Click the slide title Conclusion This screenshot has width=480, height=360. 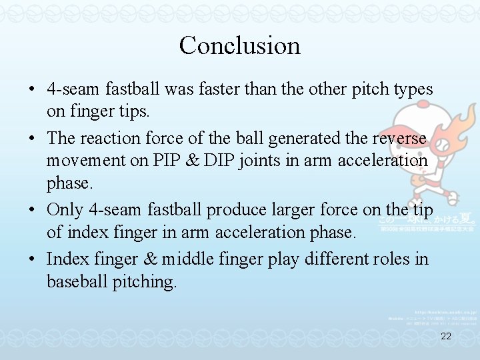[239, 45]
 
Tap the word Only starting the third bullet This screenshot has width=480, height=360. [67, 209]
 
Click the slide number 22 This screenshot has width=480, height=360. [446, 337]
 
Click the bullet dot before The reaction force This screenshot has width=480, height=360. [32, 139]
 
